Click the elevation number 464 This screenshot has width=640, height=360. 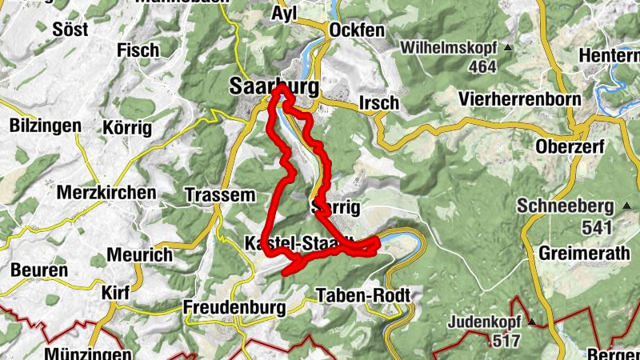click(482, 67)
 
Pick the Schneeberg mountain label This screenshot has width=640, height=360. click(565, 205)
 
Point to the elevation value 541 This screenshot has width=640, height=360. click(596, 228)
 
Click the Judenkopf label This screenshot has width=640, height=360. click(484, 322)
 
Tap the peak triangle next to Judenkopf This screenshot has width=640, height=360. click(530, 322)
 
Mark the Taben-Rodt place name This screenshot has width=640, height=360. click(363, 295)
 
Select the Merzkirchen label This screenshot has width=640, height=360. click(106, 193)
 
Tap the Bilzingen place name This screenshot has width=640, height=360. click(46, 126)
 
